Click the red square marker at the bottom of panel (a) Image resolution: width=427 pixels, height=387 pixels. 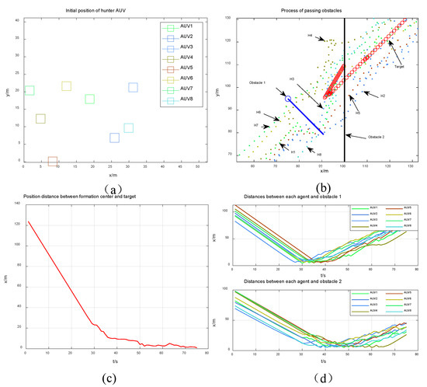point(53,162)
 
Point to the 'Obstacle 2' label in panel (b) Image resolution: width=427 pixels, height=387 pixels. point(368,136)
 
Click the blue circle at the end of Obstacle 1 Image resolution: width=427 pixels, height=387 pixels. point(289,99)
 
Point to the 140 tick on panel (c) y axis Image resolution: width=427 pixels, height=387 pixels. point(15,204)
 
